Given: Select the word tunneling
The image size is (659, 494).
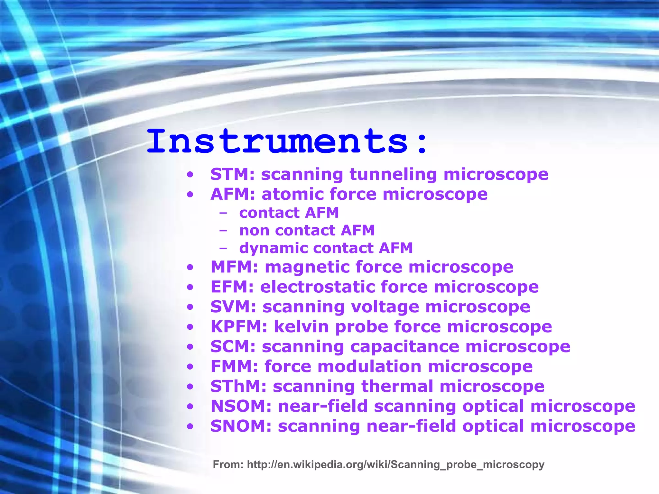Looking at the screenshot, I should (x=393, y=174).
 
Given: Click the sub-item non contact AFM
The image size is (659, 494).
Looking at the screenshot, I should (x=307, y=230).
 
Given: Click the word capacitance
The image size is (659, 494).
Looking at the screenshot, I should (x=404, y=347).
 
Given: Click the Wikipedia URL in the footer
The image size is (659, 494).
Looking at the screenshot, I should (x=395, y=465).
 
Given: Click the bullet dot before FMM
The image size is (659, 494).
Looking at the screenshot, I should (x=190, y=367).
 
